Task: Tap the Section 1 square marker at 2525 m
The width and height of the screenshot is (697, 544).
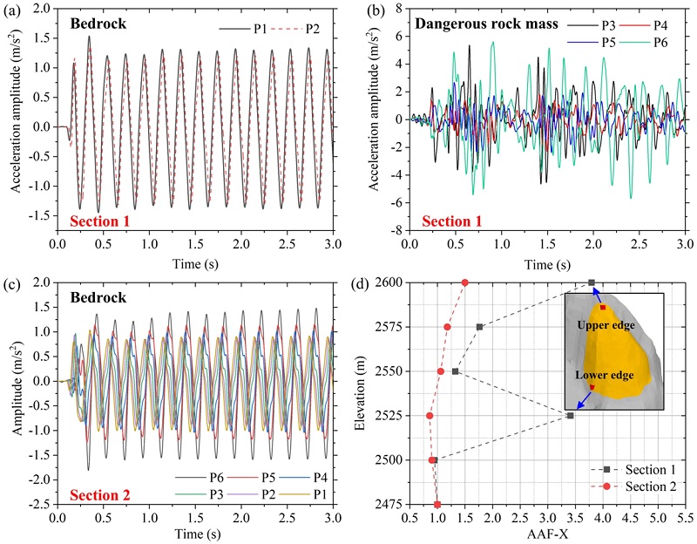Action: [x=570, y=416]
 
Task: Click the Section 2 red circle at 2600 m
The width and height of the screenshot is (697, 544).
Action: [x=465, y=282]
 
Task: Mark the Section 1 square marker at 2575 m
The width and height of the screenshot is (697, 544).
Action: [x=479, y=327]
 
